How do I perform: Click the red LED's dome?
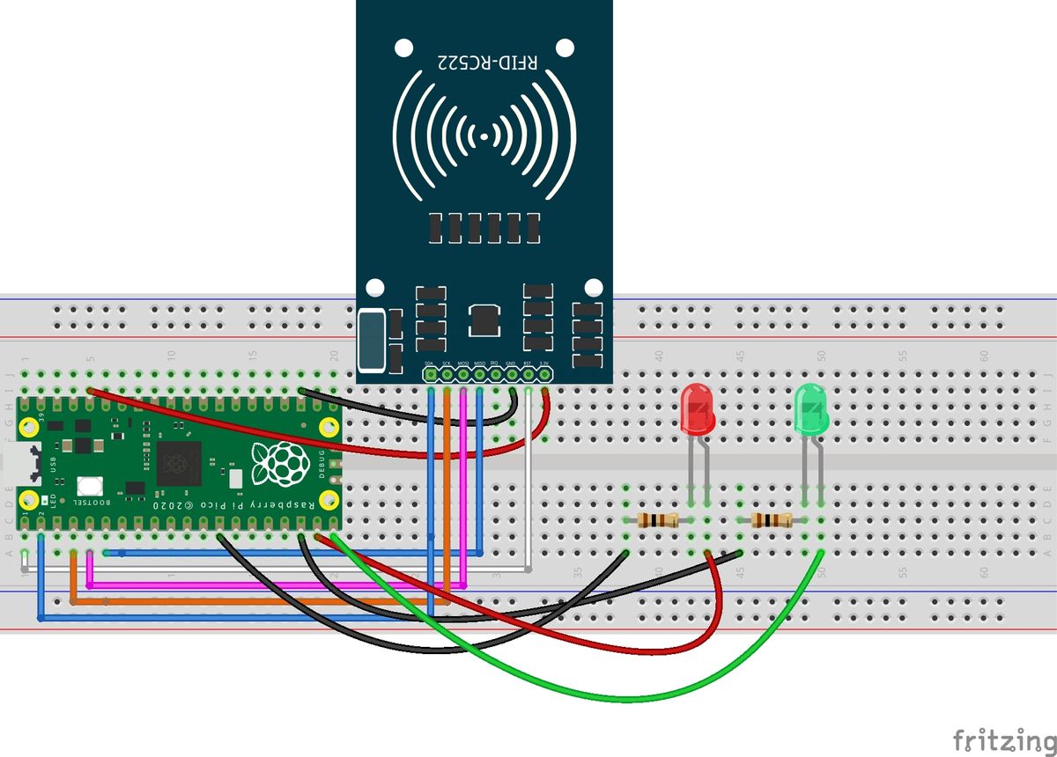698,409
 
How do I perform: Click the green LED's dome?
811,409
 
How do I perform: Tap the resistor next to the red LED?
656,520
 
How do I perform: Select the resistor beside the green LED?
772,520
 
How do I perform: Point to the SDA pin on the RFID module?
430,375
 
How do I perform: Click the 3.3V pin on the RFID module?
545,375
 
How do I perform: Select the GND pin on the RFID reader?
512,375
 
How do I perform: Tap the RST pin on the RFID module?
528,375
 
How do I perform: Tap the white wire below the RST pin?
528,493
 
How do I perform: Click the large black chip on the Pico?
179,463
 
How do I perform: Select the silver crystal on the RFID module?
373,340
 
